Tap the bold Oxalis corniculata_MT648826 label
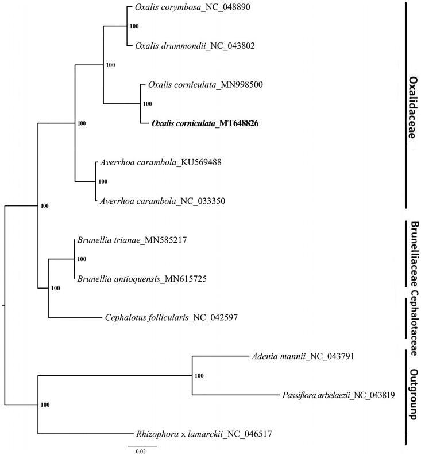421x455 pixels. (x=206, y=123)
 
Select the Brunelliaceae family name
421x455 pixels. (x=412, y=255)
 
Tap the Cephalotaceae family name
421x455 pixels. (x=412, y=320)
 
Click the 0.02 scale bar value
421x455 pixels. (x=141, y=452)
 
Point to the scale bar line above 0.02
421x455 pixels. (x=142, y=445)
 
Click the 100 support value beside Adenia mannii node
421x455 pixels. (x=199, y=376)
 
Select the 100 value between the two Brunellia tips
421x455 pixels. (x=81, y=260)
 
